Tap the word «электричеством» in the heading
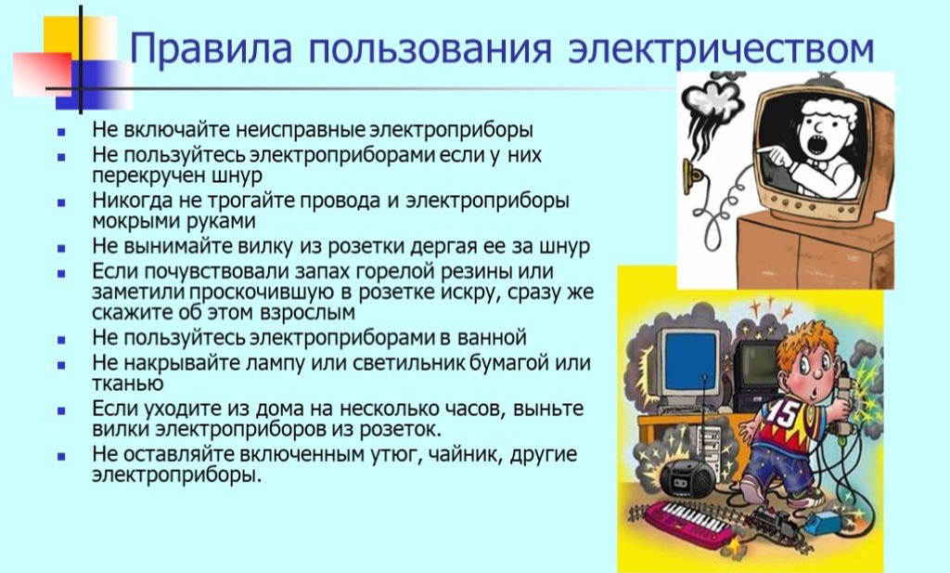click(x=721, y=48)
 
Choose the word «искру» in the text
click(x=468, y=293)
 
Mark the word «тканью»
click(x=128, y=384)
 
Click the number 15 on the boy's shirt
click(x=783, y=413)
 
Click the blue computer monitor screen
click(x=689, y=362)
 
